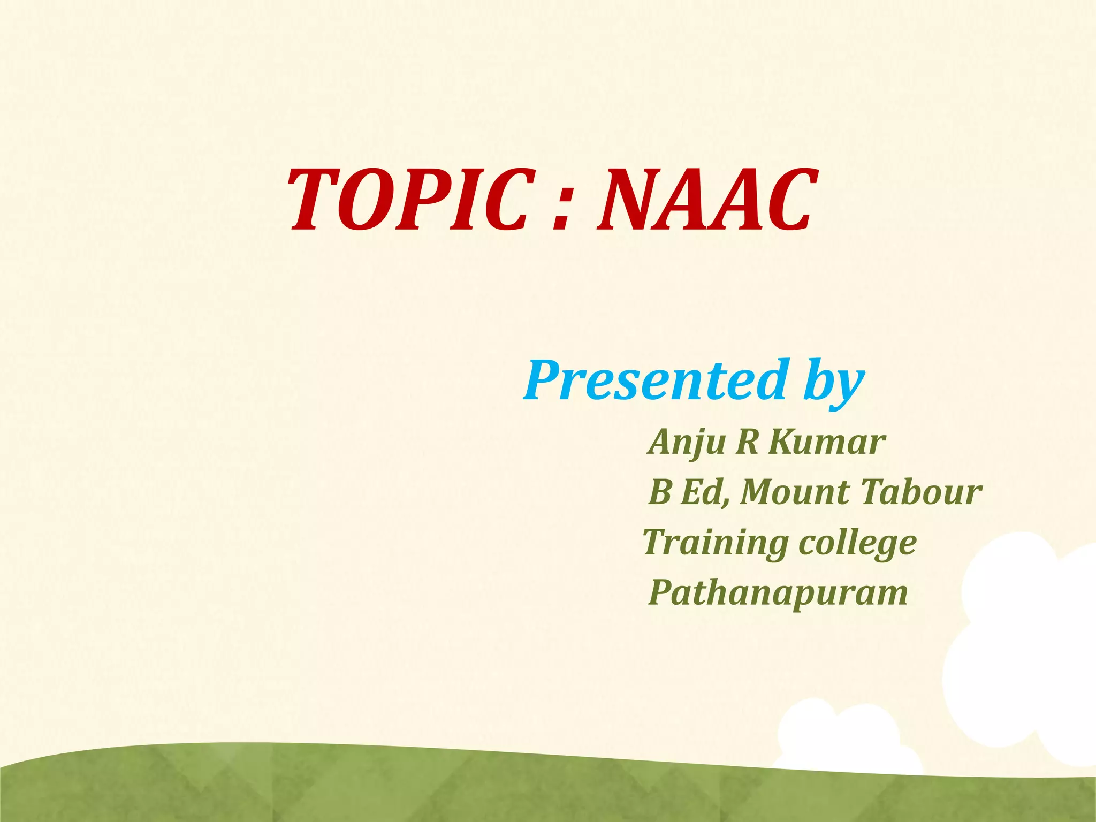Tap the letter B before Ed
click(x=659, y=492)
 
